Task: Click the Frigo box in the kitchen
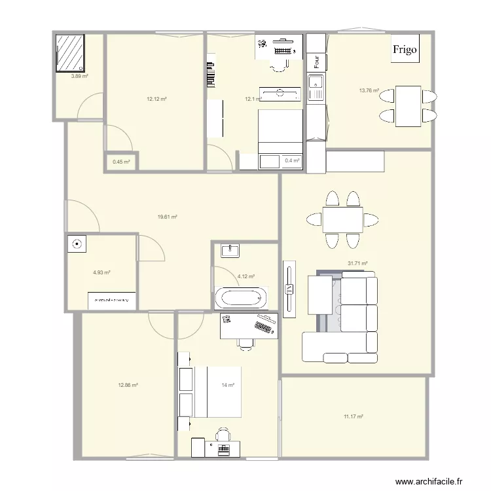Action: point(404,50)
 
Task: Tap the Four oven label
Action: point(317,62)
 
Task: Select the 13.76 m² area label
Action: point(369,91)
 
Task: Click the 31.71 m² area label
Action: point(357,263)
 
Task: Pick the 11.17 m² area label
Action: point(354,416)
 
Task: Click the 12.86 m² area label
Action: point(128,386)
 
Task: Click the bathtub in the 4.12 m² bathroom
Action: point(241,298)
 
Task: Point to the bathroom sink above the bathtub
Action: point(230,250)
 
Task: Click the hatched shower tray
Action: point(69,52)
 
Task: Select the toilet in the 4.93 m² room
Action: point(77,244)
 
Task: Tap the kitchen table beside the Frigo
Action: point(407,106)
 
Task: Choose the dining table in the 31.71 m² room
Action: point(342,220)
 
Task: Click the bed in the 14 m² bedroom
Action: point(216,391)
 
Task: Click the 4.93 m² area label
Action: point(101,273)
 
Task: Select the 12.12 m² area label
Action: point(156,99)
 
